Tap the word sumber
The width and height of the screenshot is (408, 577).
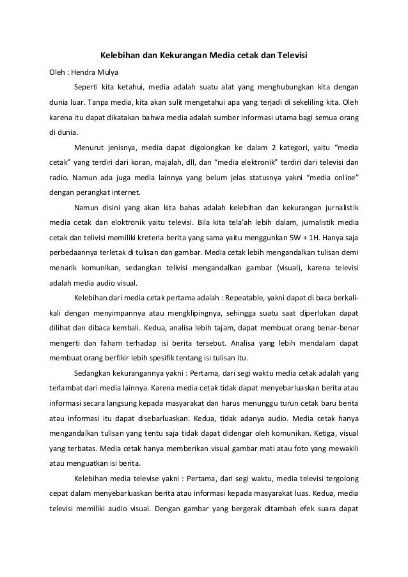coord(221,118)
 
